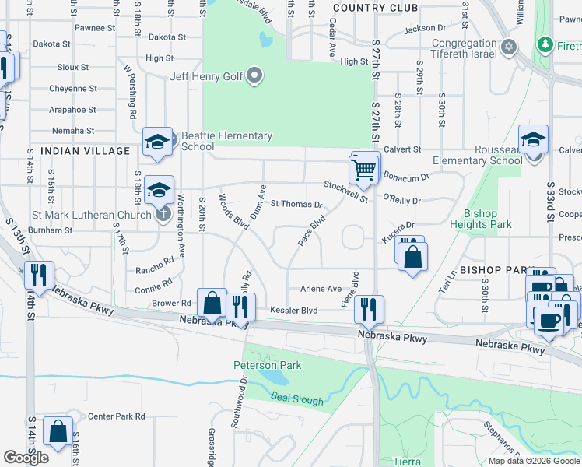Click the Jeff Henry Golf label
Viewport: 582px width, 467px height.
point(206,77)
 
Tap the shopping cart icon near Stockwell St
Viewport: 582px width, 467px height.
point(364,168)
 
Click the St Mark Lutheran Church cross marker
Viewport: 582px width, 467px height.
point(163,214)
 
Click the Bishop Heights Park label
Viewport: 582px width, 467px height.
point(488,219)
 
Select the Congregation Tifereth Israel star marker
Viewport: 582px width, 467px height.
point(509,47)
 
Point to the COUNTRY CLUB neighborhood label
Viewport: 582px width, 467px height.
point(370,7)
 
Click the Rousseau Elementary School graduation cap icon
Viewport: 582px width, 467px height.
point(533,141)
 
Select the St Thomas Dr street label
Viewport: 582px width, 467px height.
point(296,205)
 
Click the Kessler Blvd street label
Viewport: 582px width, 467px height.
point(293,311)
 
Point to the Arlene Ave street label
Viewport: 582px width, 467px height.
point(321,288)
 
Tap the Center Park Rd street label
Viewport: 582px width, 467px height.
point(116,416)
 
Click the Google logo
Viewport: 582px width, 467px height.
point(26,458)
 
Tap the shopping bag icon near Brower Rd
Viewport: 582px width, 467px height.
point(212,304)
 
